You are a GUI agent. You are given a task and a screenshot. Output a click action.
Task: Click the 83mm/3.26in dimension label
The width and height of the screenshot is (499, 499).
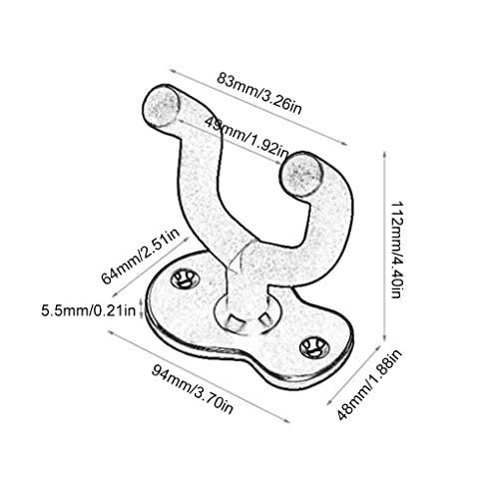[x=259, y=94]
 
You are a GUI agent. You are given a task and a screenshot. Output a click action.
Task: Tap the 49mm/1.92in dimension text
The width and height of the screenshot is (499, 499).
[x=248, y=137]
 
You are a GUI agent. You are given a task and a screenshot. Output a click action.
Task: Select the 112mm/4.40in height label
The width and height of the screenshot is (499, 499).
[x=396, y=249]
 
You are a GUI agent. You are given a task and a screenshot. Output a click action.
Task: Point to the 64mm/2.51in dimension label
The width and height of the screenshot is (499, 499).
[x=141, y=255]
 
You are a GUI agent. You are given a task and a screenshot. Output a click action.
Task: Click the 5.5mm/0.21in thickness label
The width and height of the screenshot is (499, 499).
[x=89, y=310]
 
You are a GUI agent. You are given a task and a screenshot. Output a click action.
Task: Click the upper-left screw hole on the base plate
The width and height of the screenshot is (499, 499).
[x=185, y=279]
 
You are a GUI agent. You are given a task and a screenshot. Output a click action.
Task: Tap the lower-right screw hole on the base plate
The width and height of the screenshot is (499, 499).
[x=314, y=348]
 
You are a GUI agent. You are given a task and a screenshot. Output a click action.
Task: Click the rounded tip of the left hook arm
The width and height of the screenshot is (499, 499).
[x=161, y=105]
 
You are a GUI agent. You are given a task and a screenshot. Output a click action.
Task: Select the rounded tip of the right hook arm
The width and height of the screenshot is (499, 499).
[x=301, y=174]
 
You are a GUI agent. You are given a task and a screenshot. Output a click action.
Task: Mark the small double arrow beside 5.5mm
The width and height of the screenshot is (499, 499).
[x=142, y=307]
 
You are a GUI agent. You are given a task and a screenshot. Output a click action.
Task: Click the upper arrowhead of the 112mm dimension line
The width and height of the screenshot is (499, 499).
[x=384, y=155]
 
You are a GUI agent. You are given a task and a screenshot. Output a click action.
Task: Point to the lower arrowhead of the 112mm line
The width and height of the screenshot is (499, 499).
[x=384, y=336]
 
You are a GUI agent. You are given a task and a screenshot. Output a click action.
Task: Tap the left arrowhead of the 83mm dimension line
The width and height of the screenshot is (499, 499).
[x=173, y=71]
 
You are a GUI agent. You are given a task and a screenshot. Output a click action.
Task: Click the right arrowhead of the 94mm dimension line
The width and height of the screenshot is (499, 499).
[x=286, y=420]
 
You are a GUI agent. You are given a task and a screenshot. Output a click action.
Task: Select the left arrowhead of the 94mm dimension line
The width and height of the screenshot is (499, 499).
[x=110, y=332]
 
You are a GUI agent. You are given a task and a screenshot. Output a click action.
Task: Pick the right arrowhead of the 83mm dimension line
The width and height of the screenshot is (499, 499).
[x=344, y=144]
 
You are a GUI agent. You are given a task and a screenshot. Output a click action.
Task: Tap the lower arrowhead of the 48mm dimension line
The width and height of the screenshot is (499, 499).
[x=329, y=402]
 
